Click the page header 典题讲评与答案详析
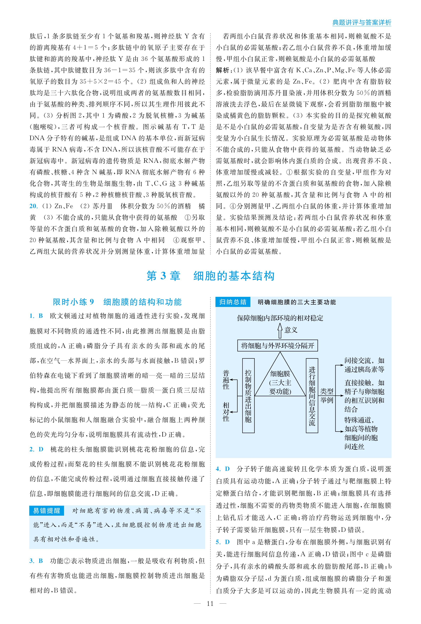coord(362,23)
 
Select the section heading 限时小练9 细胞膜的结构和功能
coord(117,302)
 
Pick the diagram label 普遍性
coord(226,380)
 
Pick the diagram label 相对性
coord(226,412)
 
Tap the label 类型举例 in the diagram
coord(326,396)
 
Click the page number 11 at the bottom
coord(210,604)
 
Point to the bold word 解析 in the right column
coord(222,70)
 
